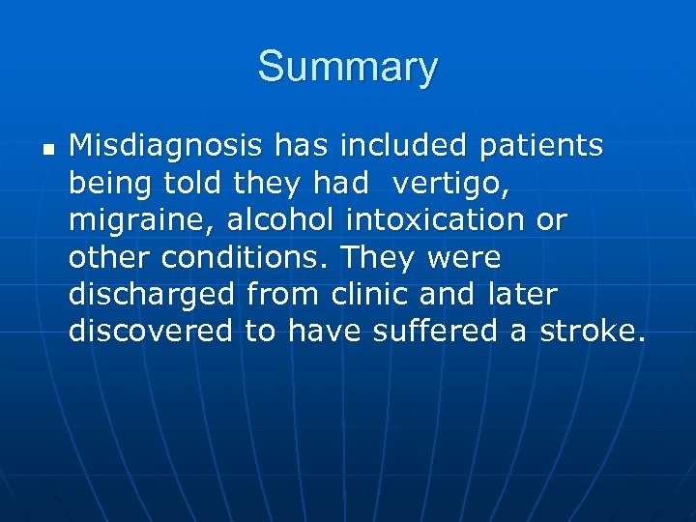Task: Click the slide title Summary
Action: tap(347, 68)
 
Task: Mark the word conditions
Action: tap(247, 257)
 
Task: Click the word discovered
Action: tap(151, 332)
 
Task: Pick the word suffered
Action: tap(454, 332)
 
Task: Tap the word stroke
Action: tap(592, 332)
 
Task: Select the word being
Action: tap(104, 184)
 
